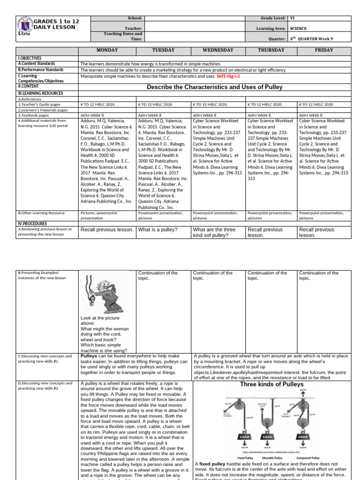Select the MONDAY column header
[107, 50]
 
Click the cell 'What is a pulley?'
[157, 230]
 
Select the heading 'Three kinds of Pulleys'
[271, 384]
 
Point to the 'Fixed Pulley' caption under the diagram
[245, 457]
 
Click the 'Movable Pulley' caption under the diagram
[271, 457]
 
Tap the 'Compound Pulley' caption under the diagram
[308, 457]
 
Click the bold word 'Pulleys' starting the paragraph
[89, 356]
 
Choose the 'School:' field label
[135, 18]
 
